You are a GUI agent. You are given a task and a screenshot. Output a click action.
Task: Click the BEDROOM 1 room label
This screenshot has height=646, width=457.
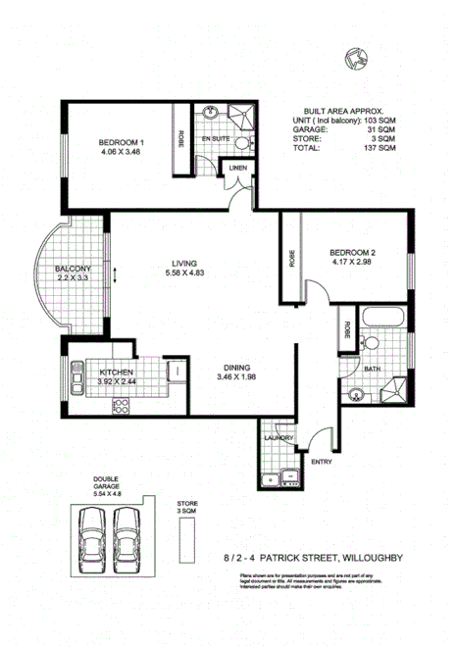pyautogui.click(x=121, y=143)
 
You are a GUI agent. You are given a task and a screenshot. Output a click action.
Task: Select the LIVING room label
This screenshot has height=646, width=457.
pyautogui.click(x=184, y=264)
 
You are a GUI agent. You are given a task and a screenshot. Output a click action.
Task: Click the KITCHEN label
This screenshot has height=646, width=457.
pyautogui.click(x=116, y=373)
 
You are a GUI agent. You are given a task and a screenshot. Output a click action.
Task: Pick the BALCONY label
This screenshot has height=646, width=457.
pyautogui.click(x=73, y=269)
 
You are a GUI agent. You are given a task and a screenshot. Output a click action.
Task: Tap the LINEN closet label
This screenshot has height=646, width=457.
pyautogui.click(x=238, y=169)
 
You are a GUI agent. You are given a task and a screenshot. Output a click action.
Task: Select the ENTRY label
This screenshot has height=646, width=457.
pyautogui.click(x=322, y=460)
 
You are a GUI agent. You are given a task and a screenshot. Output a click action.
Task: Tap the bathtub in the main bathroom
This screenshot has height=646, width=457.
pyautogui.click(x=381, y=321)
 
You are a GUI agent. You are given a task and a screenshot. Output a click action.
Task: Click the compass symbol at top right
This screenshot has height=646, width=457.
pyautogui.click(x=356, y=60)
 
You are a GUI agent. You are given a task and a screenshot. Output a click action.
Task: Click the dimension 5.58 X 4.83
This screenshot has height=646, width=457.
pyautogui.click(x=184, y=274)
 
